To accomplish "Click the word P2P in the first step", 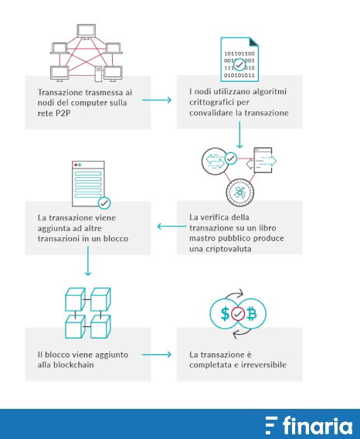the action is (61, 113).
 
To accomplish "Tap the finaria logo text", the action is (318, 426).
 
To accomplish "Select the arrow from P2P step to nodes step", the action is (157, 100).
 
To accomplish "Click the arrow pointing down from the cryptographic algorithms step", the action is (239, 134).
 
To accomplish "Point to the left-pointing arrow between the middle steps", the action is (172, 226).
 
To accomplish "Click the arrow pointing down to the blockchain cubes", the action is (88, 261).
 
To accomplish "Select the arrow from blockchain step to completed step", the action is (157, 355).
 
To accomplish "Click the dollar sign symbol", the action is (225, 314).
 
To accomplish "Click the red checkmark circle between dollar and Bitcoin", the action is (238, 314).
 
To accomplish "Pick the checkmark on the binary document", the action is (239, 65).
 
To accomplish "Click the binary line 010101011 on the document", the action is (239, 75).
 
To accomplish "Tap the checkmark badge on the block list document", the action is (104, 203).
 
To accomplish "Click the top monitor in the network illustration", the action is (87, 32).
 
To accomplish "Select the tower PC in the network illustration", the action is (98, 73).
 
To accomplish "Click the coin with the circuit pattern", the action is (240, 192).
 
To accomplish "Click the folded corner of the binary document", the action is (253, 42).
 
